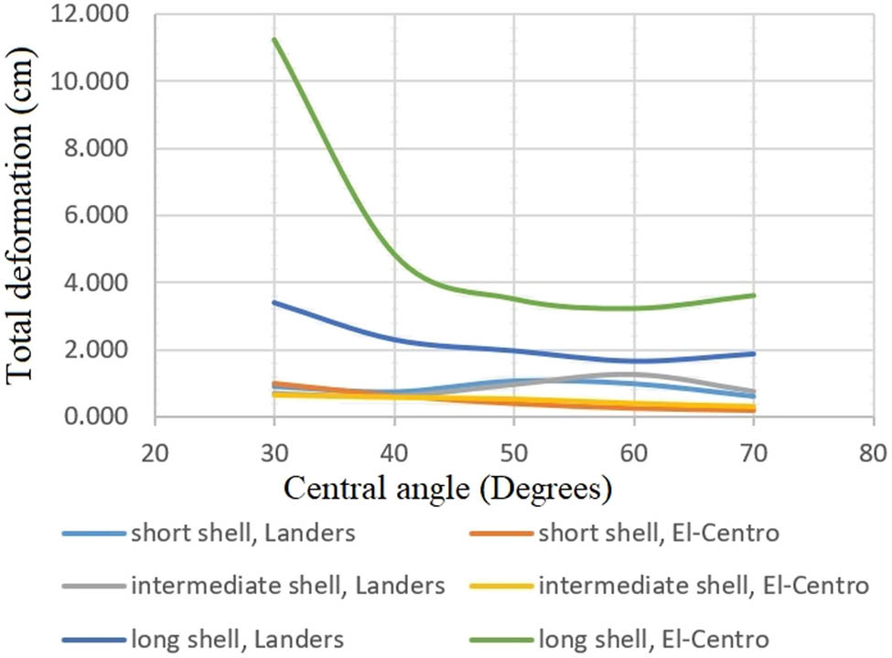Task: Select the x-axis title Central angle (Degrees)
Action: tap(447, 489)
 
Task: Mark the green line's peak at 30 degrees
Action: tap(274, 40)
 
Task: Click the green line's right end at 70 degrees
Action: tap(753, 295)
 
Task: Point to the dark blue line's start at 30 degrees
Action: tap(274, 302)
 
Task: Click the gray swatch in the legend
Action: tap(93, 585)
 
